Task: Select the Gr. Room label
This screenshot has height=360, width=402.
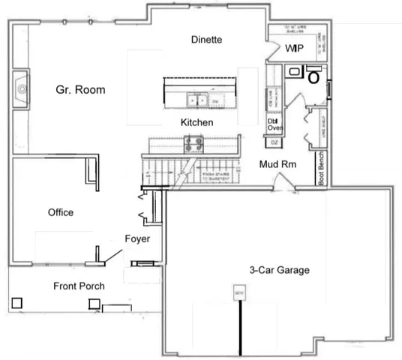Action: [80, 90]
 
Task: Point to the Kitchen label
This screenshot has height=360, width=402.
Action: [197, 122]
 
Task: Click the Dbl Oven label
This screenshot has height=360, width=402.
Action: [274, 124]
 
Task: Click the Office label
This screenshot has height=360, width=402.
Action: [61, 212]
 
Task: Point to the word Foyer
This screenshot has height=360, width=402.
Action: [137, 239]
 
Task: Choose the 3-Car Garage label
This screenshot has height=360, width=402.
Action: [280, 270]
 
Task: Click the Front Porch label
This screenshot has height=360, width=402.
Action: [79, 286]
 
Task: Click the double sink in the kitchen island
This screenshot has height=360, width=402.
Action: [197, 100]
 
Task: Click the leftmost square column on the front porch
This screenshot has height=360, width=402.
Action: [17, 303]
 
